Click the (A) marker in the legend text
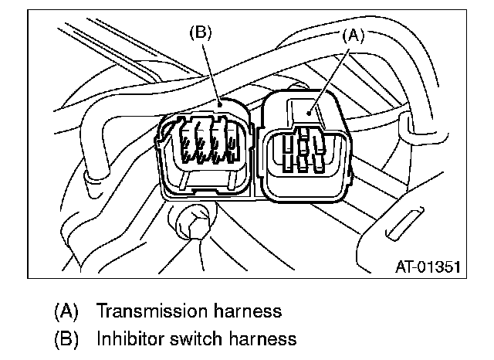pyautogui.click(x=66, y=312)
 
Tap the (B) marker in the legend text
pyautogui.click(x=66, y=338)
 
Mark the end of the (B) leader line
pyautogui.click(x=221, y=104)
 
